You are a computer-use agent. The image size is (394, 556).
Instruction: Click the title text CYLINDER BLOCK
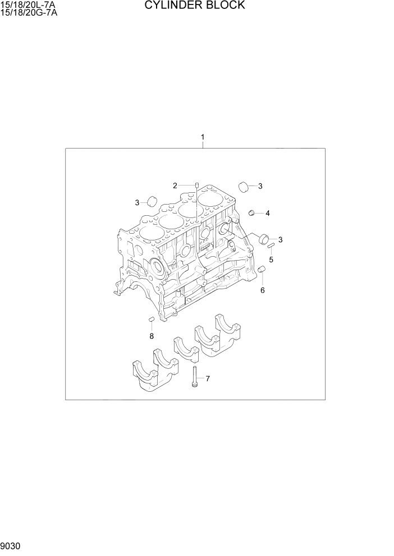tap(195, 6)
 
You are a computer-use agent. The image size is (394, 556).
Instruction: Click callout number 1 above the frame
tap(203, 137)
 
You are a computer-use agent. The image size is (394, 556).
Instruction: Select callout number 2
tap(175, 186)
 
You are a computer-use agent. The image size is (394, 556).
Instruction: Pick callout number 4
tap(268, 213)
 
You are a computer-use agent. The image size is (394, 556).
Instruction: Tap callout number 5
tap(271, 260)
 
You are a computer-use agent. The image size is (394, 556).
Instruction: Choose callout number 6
tap(262, 290)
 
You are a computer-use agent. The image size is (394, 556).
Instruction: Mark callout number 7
tap(207, 379)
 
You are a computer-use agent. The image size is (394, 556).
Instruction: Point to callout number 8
tap(151, 336)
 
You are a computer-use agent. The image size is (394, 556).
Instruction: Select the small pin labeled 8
tap(151, 319)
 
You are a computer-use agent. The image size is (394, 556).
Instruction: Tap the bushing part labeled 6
tap(261, 272)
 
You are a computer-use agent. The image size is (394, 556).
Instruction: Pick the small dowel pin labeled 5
tap(271, 245)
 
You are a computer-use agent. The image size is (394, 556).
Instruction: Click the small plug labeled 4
tap(253, 212)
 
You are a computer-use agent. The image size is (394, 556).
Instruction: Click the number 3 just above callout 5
tap(280, 240)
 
